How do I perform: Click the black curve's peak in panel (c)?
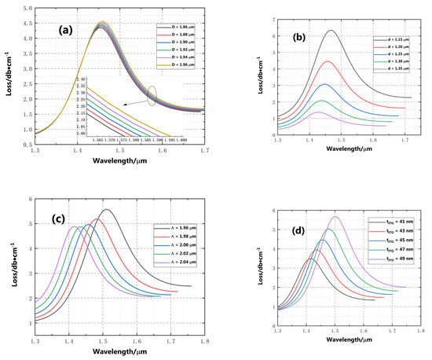pyautogui.click(x=108, y=210)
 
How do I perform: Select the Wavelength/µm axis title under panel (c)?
pyautogui.click(x=119, y=354)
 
